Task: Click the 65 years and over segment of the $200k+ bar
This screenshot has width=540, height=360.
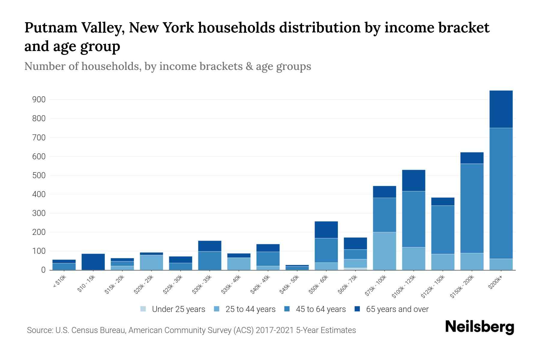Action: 501,109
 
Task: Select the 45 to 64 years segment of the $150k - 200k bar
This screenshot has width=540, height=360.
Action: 472,208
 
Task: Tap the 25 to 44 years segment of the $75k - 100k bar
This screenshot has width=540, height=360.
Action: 384,251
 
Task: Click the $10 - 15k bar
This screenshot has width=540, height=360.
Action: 93,262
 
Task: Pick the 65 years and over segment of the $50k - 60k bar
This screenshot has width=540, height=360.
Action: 326,229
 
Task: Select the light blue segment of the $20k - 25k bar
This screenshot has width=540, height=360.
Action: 151,262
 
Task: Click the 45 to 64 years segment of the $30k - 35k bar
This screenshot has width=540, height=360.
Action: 210,260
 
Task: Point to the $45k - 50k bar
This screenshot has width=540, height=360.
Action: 297,267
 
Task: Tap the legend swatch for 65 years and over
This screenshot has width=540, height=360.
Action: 357,309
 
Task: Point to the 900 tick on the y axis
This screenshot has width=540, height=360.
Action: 39,100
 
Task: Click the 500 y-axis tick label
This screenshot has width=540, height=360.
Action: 39,175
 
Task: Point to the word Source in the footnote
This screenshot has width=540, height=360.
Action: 39,330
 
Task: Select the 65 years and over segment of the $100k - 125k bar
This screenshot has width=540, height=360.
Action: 413,180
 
